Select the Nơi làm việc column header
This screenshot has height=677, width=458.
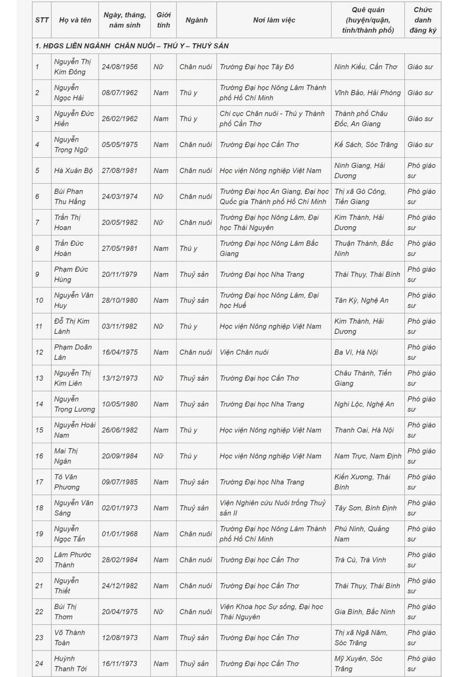click(274, 20)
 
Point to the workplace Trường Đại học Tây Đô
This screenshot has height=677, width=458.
click(257, 67)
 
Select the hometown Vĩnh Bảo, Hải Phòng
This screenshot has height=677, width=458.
click(367, 93)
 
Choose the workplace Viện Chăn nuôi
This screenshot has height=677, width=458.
click(244, 352)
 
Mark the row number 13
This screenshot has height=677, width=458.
click(39, 378)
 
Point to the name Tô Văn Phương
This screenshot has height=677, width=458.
click(67, 482)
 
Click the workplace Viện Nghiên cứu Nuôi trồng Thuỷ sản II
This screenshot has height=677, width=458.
click(273, 508)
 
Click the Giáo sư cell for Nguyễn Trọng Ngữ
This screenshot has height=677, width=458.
click(420, 145)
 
